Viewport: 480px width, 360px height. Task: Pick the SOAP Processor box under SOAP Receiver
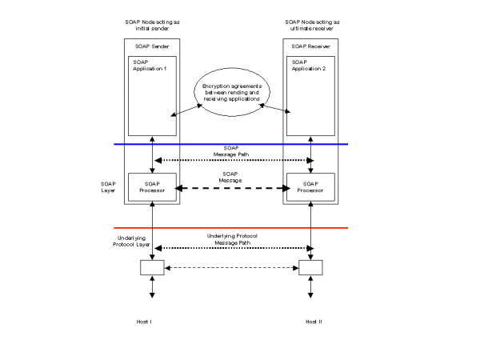[x=311, y=189]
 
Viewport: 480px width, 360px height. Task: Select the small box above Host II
[x=310, y=266]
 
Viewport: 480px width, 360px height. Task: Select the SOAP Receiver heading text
[x=311, y=47]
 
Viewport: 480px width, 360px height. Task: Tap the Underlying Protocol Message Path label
[x=231, y=239]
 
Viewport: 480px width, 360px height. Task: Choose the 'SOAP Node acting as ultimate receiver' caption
[x=311, y=23]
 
